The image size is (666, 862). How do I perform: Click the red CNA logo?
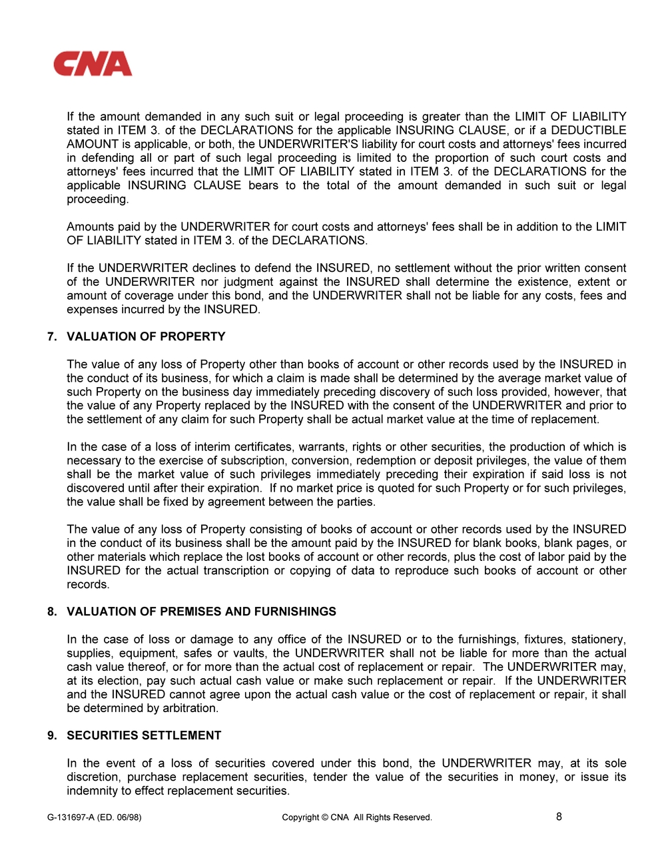(93, 65)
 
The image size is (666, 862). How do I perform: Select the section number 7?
(51, 337)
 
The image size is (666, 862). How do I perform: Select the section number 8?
(51, 612)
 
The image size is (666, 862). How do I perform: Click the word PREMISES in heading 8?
(186, 612)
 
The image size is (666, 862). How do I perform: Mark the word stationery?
(595, 640)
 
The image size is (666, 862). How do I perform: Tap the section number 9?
(51, 735)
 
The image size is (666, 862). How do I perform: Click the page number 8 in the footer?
(559, 817)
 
